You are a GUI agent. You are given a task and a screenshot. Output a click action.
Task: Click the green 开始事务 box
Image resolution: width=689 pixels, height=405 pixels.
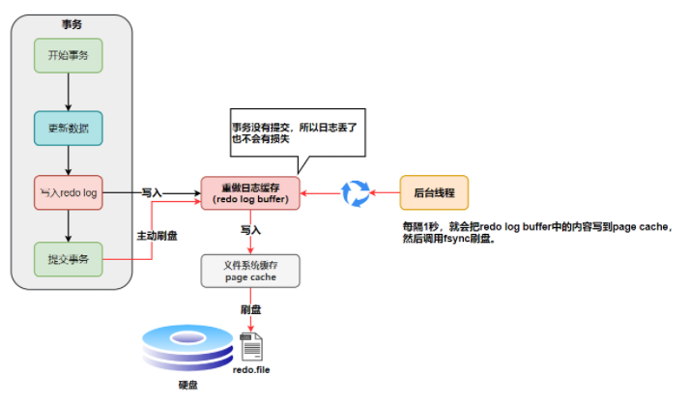[x=68, y=55]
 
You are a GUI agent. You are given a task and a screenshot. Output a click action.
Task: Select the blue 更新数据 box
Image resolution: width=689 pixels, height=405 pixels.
[x=68, y=128]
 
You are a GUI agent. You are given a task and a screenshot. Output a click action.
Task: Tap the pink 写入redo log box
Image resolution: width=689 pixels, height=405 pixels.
[x=68, y=192]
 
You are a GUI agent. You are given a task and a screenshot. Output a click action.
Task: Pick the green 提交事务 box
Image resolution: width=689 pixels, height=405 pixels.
[x=68, y=258]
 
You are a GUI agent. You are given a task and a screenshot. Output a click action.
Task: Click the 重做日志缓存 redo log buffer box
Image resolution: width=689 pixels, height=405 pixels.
[x=250, y=192]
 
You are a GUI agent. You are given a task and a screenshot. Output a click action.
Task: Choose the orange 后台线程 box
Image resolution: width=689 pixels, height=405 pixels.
[x=434, y=192]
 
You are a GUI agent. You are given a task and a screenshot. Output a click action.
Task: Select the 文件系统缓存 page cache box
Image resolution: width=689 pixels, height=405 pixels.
[x=250, y=270]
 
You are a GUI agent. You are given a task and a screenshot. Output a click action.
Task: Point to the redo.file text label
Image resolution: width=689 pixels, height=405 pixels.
[x=252, y=370]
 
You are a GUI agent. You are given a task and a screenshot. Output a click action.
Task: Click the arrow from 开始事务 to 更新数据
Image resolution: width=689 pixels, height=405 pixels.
[x=68, y=91]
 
